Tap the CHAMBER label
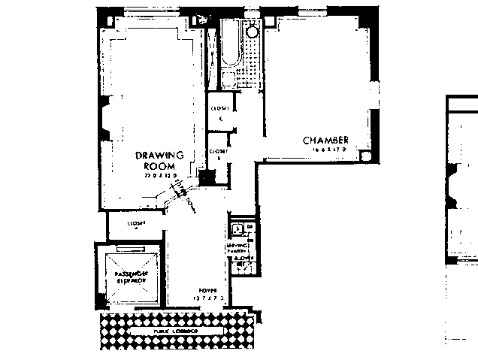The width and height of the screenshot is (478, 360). click(325, 141)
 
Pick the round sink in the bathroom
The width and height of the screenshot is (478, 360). click(253, 32)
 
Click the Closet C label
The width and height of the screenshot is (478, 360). click(220, 112)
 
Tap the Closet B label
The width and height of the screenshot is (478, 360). click(218, 153)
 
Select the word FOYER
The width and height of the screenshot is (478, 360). click(207, 289)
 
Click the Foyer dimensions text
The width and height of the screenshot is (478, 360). click(207, 298)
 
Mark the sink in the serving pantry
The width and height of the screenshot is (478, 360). click(237, 228)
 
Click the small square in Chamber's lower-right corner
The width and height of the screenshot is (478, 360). click(365, 156)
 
